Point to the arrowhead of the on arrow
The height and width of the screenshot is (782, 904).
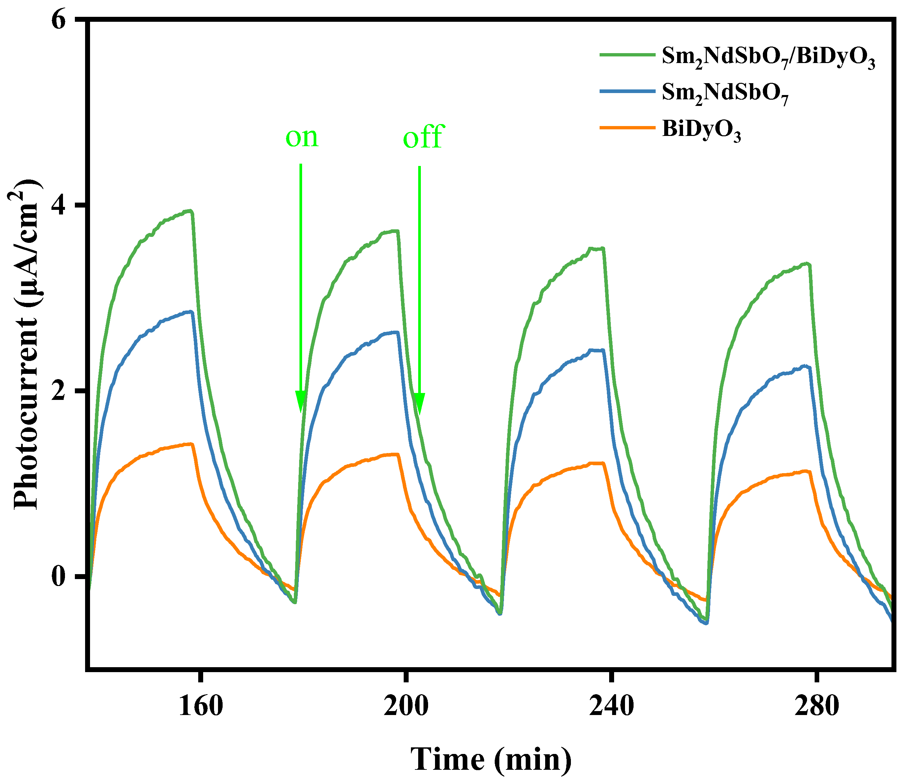pyautogui.click(x=300, y=402)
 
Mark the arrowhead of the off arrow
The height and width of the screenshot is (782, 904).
pyautogui.click(x=419, y=403)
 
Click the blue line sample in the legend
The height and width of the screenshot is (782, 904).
pyautogui.click(x=627, y=91)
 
